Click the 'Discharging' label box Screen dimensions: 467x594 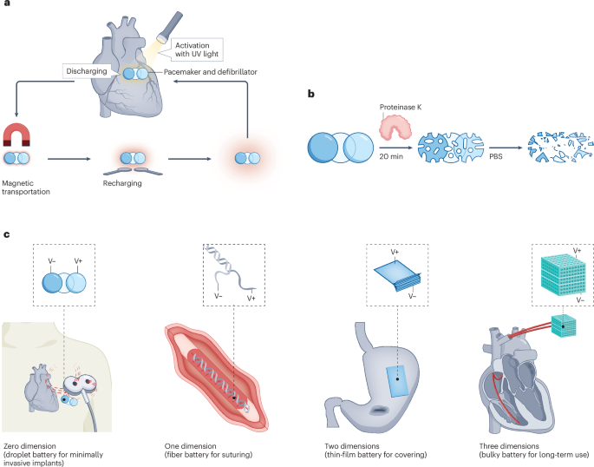[89, 69]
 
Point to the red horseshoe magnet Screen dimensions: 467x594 [17, 137]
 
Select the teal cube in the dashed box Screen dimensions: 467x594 [555, 269]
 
